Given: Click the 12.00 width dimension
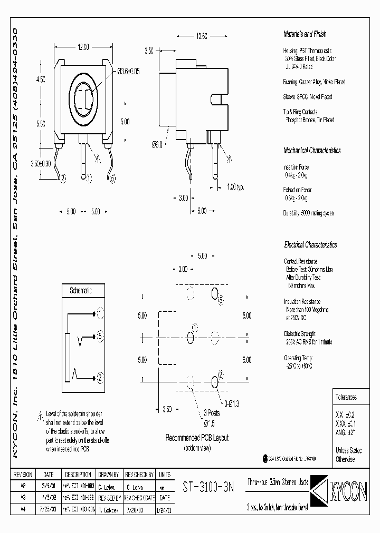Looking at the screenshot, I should [x=83, y=47].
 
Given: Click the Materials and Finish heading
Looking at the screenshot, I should [x=305, y=34].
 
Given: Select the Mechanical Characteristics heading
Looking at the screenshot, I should [x=312, y=150].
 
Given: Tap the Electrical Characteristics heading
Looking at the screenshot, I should [x=310, y=245].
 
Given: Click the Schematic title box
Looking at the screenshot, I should [x=81, y=290].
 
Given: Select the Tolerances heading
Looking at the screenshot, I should [x=346, y=397].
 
